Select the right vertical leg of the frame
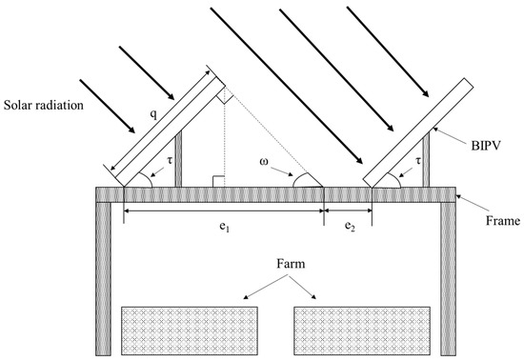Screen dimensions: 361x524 [x=446, y=276]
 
